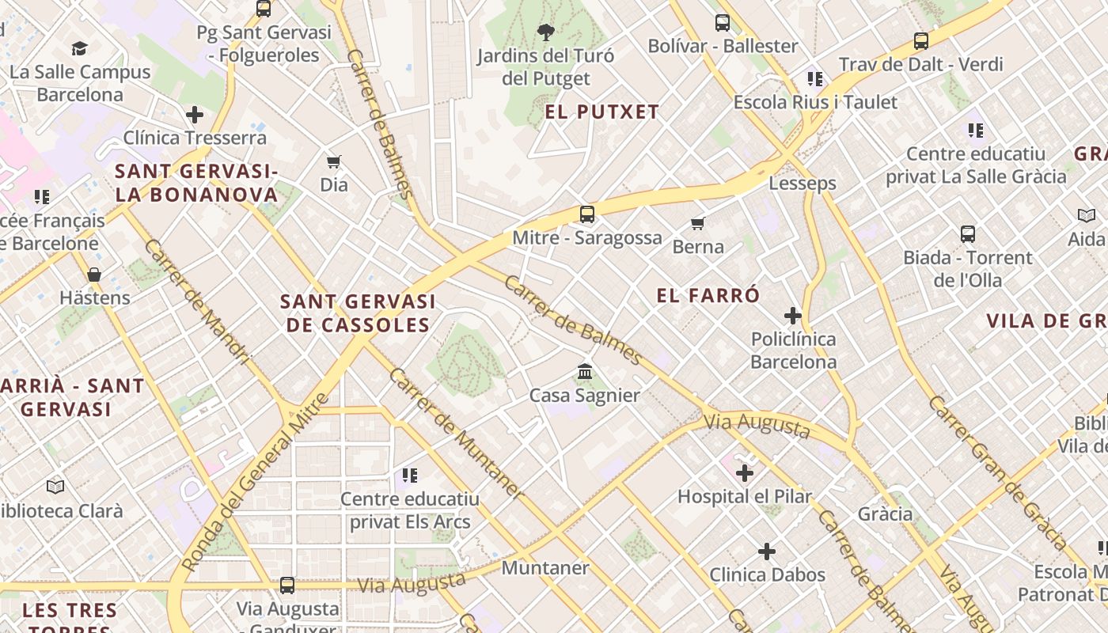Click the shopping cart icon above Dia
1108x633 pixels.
coord(334,161)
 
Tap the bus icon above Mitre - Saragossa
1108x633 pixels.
coord(586,214)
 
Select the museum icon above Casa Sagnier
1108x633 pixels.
coord(585,371)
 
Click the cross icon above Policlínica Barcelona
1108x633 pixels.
coord(793,316)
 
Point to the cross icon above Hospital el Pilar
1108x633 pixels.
coord(745,473)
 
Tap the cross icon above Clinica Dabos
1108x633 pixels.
coord(766,551)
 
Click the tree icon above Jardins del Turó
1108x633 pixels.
coord(545,32)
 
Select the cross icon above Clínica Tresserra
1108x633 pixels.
coord(195,115)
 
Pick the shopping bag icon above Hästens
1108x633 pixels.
coord(94,275)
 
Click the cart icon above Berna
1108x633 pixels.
coord(697,223)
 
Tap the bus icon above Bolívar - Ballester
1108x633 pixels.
coord(722,23)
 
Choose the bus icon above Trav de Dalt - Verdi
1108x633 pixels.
coord(920,41)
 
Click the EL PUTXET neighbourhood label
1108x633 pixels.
coord(602,112)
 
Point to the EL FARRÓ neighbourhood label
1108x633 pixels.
coord(708,295)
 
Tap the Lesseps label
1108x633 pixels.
coord(803,184)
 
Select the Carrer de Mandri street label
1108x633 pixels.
coord(196,302)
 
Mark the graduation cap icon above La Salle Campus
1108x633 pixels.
coord(79,49)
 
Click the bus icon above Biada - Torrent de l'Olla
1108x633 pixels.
coord(967,234)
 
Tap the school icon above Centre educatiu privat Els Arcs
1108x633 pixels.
coord(409,476)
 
